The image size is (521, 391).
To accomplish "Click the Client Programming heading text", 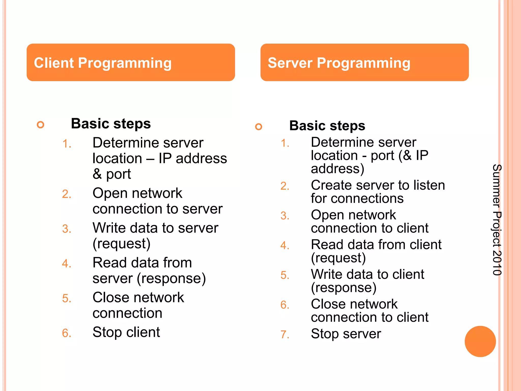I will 103,63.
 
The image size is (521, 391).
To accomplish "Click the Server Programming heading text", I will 339,63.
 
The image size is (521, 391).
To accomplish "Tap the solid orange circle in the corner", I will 480,341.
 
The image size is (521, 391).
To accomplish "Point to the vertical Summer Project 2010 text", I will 497,220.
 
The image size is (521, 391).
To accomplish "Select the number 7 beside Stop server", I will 284,334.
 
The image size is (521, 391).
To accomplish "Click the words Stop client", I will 126,332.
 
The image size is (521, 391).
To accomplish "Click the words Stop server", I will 346,334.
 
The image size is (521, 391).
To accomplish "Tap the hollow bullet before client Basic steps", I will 40,125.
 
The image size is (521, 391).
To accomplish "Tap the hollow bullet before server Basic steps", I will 258,127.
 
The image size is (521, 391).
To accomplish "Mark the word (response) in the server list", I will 343,288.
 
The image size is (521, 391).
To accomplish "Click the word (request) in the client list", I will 121,244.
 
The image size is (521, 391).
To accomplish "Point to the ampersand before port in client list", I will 97,174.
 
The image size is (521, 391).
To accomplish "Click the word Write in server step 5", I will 326,274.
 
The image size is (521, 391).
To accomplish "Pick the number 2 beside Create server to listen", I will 284,186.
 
